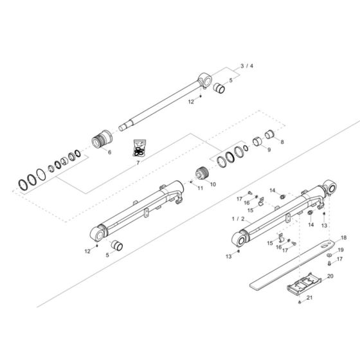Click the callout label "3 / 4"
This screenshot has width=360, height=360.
pos(246,66)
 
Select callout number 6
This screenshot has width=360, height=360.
pos(109,152)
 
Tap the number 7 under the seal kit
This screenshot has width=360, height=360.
pos(138,163)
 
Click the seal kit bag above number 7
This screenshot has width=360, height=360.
pos(138,148)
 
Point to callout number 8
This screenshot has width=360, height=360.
pos(281,141)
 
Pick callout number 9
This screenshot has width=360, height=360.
pos(269,150)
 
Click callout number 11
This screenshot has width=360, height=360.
pos(200,188)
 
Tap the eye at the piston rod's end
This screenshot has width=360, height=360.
pos(205,80)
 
